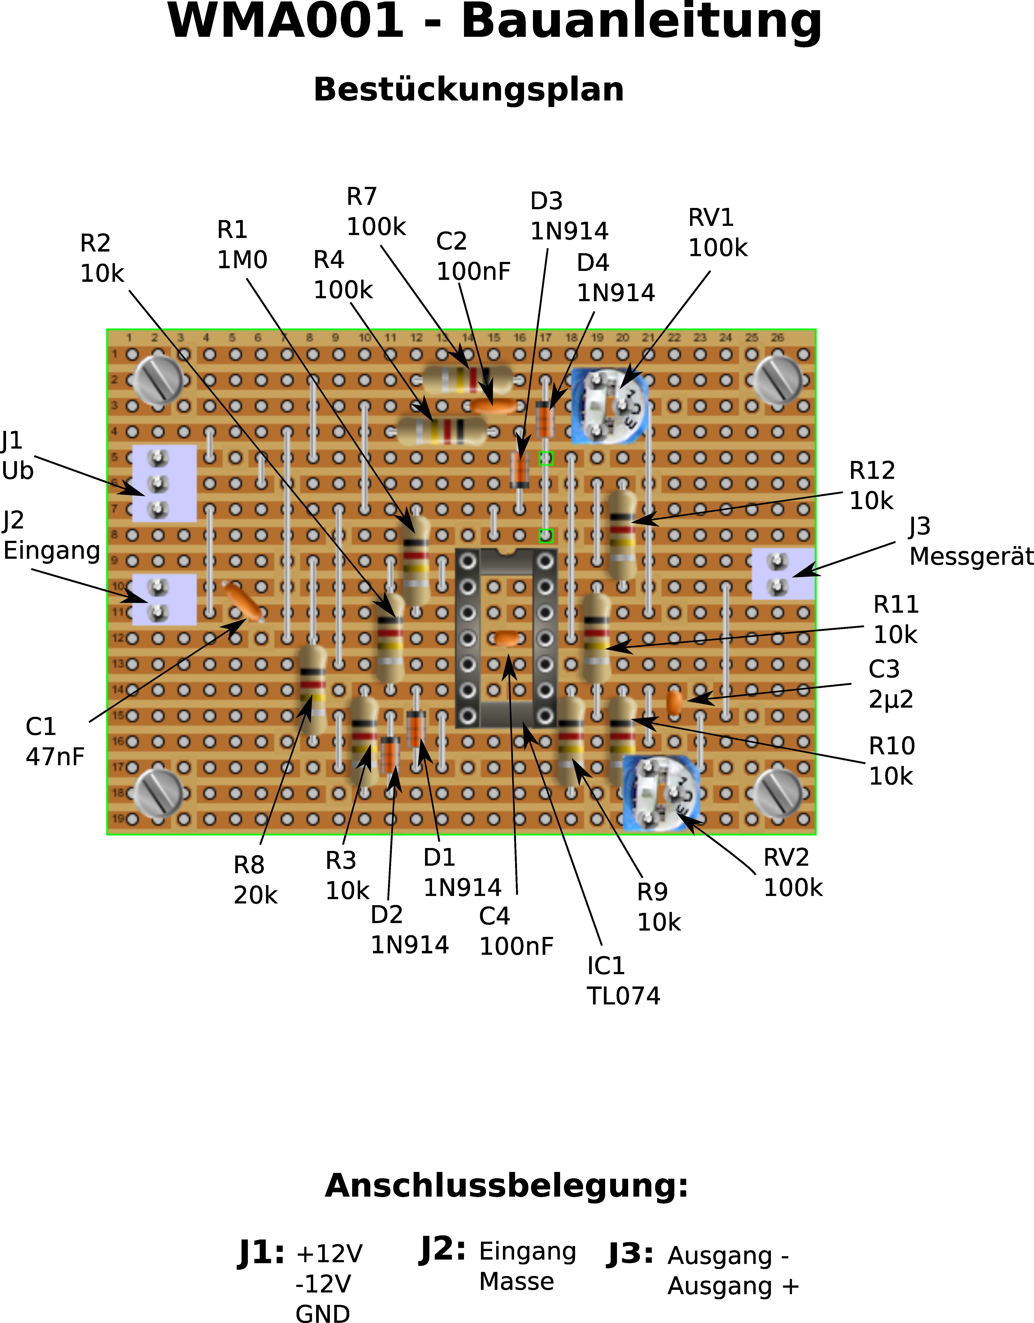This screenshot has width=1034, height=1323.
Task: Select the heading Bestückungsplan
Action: point(468,90)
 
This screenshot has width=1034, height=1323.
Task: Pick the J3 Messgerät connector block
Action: point(783,574)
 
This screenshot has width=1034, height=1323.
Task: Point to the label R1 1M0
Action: point(242,245)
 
